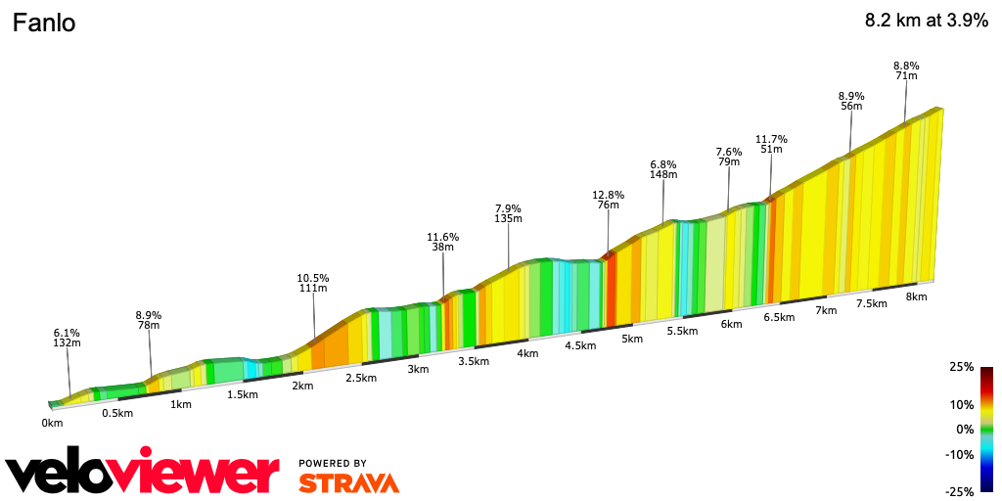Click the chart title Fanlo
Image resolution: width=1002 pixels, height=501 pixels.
click(44, 23)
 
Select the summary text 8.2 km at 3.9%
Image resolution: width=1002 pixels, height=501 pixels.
click(926, 22)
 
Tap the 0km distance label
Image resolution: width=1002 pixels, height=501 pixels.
click(52, 423)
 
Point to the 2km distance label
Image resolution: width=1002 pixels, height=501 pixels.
click(302, 386)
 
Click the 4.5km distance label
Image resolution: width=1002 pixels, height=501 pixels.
click(580, 345)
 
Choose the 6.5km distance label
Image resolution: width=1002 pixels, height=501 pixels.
click(778, 317)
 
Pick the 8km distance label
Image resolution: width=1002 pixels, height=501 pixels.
click(916, 296)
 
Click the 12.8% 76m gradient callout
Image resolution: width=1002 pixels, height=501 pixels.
click(608, 200)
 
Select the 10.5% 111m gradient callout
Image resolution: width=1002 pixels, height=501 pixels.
click(313, 283)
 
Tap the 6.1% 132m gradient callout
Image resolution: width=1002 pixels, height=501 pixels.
click(67, 338)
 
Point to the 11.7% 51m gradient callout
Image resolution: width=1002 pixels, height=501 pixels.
click(771, 144)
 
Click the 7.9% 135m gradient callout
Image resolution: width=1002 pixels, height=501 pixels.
click(508, 213)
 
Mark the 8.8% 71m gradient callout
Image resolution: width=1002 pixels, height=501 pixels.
click(905, 70)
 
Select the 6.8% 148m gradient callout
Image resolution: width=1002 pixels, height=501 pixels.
click(663, 169)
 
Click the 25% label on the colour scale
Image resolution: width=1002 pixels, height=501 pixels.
click(962, 367)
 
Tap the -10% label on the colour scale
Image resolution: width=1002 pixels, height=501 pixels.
click(960, 454)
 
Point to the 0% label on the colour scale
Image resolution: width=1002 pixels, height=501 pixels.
click(965, 429)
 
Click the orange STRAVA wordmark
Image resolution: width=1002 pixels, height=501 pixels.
click(348, 482)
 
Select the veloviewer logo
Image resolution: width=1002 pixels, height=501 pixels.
click(143, 472)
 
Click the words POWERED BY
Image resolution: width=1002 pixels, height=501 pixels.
click(333, 463)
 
